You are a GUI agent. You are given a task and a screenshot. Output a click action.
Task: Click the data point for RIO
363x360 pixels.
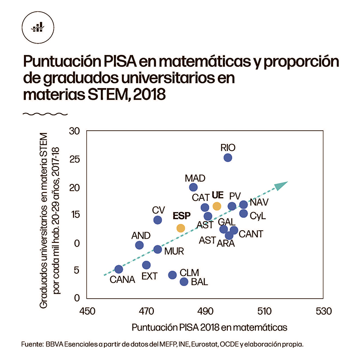click(x=228, y=158)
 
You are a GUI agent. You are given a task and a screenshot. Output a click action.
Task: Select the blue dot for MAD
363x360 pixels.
click(x=193, y=187)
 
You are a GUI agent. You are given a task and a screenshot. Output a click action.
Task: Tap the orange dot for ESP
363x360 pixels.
click(x=181, y=228)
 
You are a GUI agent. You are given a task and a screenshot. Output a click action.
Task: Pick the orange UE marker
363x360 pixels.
click(x=217, y=206)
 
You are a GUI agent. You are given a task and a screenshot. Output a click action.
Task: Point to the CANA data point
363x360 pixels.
click(x=118, y=269)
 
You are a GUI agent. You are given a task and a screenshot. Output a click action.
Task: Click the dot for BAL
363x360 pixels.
click(x=184, y=281)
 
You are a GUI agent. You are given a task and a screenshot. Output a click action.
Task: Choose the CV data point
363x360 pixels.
click(x=157, y=220)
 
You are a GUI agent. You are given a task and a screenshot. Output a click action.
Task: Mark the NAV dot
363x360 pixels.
click(x=243, y=204)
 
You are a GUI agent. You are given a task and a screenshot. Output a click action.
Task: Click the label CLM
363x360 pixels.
click(x=189, y=272)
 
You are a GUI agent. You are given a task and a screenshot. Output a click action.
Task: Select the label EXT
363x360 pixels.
click(x=149, y=276)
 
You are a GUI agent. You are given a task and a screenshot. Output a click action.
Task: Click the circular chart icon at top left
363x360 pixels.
click(x=37, y=27)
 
